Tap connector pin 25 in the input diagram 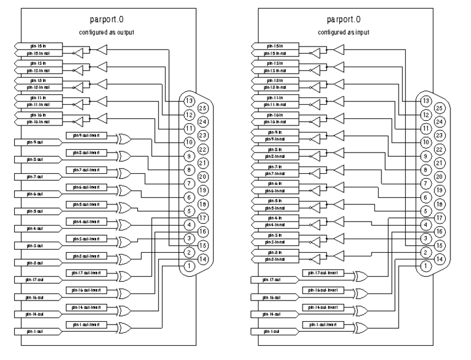pyautogui.click(x=439, y=108)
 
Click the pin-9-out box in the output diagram pyautogui.click(x=35, y=142)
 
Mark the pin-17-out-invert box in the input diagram pyautogui.click(x=326, y=273)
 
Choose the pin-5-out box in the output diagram pyautogui.click(x=35, y=211)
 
